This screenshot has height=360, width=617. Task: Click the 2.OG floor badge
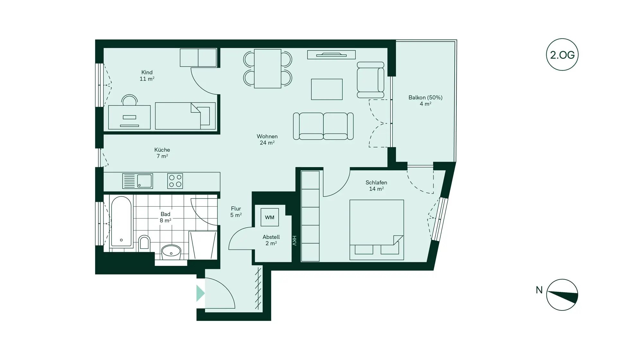tap(562, 55)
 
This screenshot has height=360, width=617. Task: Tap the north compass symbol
tap(562, 295)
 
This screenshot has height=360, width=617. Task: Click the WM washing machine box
tap(270, 217)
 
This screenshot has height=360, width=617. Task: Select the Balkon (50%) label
tap(425, 97)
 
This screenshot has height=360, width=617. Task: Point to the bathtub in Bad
tap(121, 222)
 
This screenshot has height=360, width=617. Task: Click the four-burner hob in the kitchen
tap(175, 181)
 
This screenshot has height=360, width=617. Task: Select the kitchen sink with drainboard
tap(138, 181)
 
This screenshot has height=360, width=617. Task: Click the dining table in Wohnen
tap(267, 68)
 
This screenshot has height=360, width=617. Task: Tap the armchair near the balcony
tap(371, 80)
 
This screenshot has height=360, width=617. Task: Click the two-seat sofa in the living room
tap(323, 126)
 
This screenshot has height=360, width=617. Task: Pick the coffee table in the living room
tap(326, 89)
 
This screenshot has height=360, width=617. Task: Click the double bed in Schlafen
tap(376, 230)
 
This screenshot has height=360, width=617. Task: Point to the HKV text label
tap(294, 241)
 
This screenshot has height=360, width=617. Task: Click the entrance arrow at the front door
tap(200, 293)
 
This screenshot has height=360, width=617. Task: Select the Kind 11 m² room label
tap(147, 76)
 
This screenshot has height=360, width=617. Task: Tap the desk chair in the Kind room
tap(130, 100)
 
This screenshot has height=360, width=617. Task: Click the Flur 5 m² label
tap(236, 212)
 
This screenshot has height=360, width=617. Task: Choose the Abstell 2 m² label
tap(271, 240)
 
